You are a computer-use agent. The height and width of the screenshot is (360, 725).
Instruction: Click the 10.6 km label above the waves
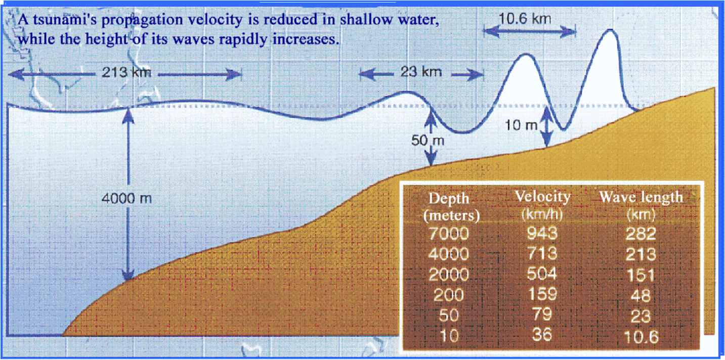click(525, 19)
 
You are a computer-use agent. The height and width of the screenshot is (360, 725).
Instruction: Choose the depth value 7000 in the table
click(449, 234)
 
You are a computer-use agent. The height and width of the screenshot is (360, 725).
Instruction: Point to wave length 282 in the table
click(641, 234)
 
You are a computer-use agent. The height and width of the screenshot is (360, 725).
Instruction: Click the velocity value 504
click(541, 274)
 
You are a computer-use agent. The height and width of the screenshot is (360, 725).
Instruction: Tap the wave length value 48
click(641, 295)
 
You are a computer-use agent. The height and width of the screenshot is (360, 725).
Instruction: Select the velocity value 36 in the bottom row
click(541, 335)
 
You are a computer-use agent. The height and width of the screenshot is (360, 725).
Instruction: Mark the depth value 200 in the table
click(449, 295)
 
